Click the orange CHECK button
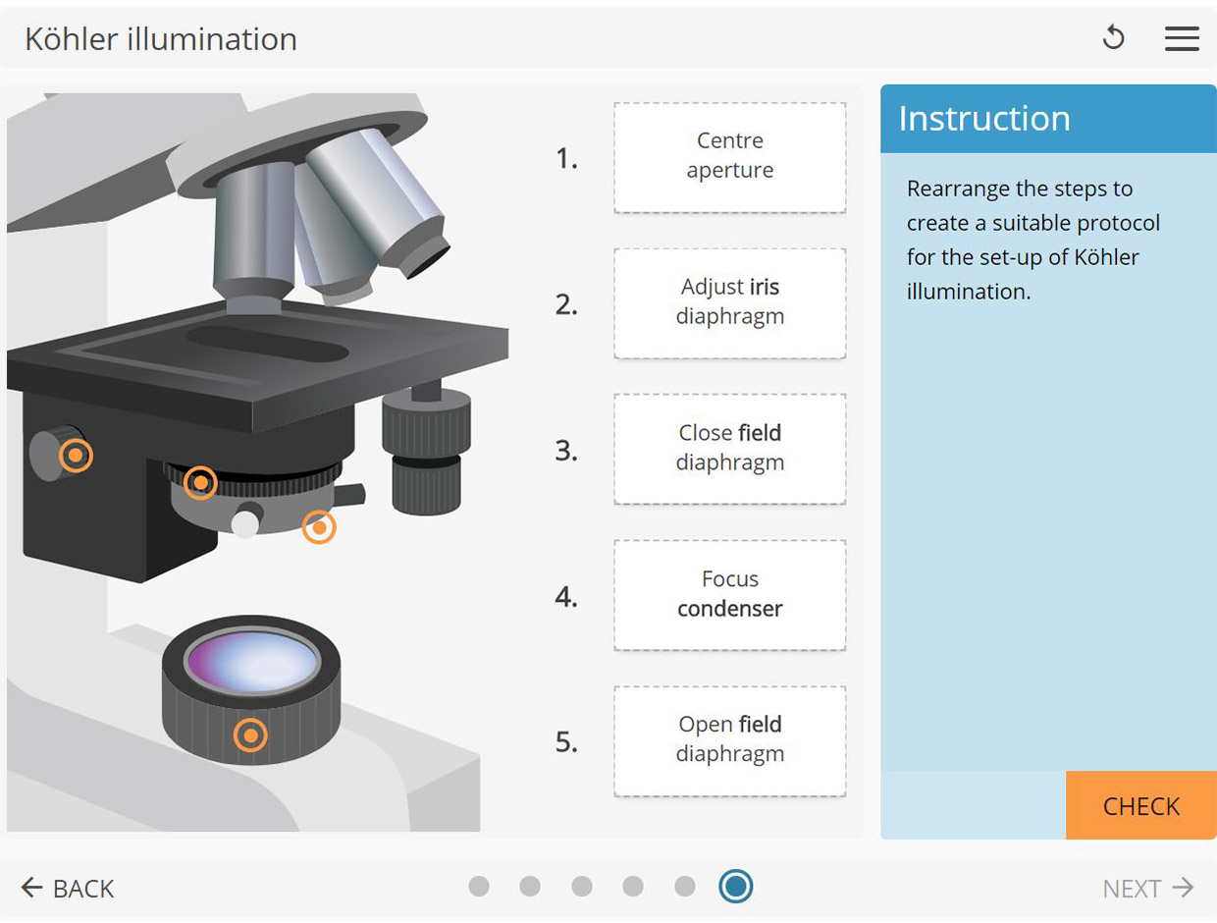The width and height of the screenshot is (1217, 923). pos(1140,805)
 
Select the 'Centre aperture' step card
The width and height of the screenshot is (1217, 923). pos(729,157)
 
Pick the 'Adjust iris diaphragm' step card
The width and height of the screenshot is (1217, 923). pos(729,302)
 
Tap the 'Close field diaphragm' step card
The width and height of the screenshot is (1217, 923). pos(729,448)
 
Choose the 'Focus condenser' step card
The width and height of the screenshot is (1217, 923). pos(729,594)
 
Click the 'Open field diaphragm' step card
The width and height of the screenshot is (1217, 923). pos(729,739)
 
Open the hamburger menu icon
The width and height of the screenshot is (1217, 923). pos(1182,38)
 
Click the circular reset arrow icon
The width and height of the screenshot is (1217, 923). pos(1113,38)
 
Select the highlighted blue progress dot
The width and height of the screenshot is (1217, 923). pos(735,887)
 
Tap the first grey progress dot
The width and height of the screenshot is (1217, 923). pos(479,887)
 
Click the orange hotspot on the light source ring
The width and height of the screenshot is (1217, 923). pos(251,734)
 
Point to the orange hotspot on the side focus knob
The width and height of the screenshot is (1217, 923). pos(76,456)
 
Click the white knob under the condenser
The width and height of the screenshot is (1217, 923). pos(244,523)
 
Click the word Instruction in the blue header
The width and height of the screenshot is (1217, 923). pos(983,118)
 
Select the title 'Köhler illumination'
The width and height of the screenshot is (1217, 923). pos(161,39)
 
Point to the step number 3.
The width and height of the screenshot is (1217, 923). pos(566,451)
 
